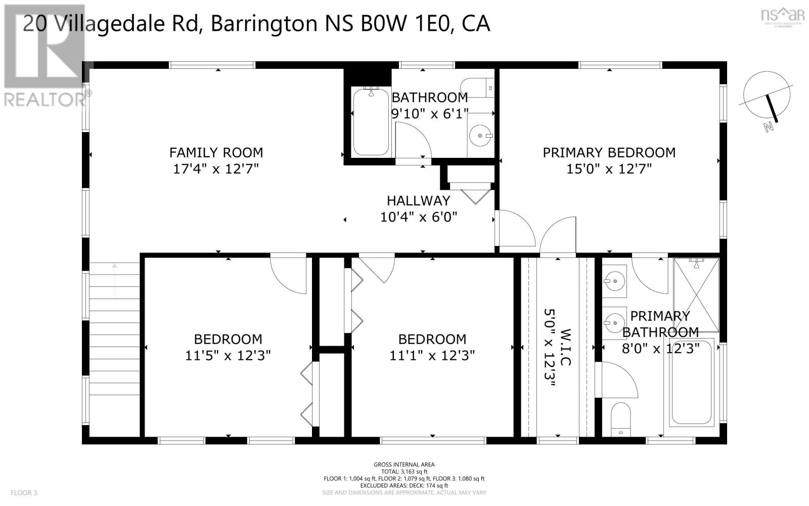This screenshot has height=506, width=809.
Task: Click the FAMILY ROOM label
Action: pos(216,152)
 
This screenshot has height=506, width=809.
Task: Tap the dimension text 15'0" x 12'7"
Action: pos(609,168)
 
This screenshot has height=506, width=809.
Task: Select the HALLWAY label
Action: pos(418,201)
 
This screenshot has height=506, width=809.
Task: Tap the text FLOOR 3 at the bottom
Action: pos(24,492)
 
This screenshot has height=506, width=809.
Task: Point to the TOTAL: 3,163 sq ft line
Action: pos(404,471)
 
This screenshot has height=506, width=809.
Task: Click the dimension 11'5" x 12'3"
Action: pos(228,356)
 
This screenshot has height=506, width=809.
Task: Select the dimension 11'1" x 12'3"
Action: pos(432,356)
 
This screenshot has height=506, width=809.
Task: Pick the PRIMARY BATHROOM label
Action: pos(660,324)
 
